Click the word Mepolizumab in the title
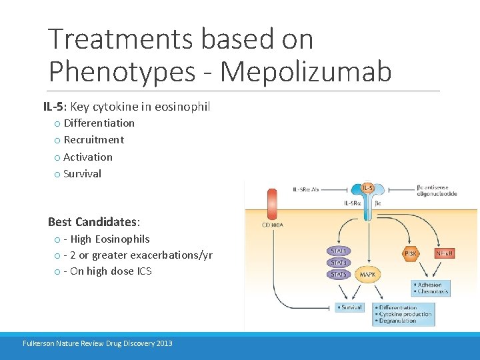point(306,71)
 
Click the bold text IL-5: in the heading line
point(55,106)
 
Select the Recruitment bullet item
point(93,140)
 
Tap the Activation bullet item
point(88,157)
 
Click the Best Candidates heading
point(94,221)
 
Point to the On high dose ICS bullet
point(107,271)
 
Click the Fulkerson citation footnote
point(97,343)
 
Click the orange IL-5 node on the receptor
point(367,188)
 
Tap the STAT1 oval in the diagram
point(339,250)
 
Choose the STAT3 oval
point(339,262)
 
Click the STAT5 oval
point(339,274)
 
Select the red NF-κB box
point(444,253)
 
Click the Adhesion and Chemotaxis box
point(431,288)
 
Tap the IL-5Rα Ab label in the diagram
point(307,189)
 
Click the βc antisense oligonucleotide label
point(437,191)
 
